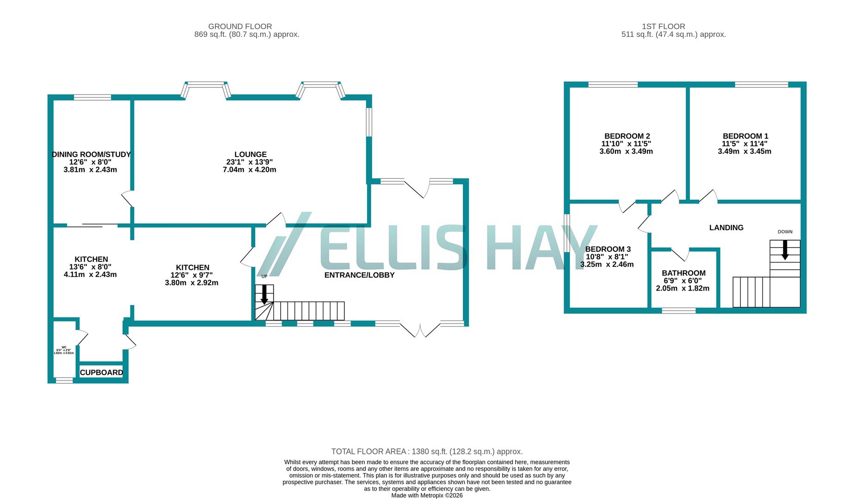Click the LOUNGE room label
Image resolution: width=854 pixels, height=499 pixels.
(250, 154)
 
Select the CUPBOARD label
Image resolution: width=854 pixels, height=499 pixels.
(101, 372)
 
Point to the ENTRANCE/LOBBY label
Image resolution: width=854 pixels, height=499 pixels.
(359, 275)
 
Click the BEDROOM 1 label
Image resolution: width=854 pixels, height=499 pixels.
(745, 136)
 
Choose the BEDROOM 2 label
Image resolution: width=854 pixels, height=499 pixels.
(627, 136)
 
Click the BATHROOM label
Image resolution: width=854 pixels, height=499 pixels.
(683, 273)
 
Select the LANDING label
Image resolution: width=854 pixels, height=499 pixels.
(726, 227)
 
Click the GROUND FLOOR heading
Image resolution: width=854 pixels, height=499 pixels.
(240, 26)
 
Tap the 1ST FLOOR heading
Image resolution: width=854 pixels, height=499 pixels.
(663, 26)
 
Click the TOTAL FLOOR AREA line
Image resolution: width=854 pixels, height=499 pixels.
(427, 451)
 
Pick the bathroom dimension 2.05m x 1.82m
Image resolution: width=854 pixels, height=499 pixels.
(682, 288)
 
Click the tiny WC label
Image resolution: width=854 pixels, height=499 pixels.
(64, 347)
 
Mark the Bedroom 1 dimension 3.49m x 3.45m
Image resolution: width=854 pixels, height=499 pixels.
(744, 151)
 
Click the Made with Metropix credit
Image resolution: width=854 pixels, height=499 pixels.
(427, 495)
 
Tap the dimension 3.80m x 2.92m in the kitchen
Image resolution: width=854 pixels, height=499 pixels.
(191, 283)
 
